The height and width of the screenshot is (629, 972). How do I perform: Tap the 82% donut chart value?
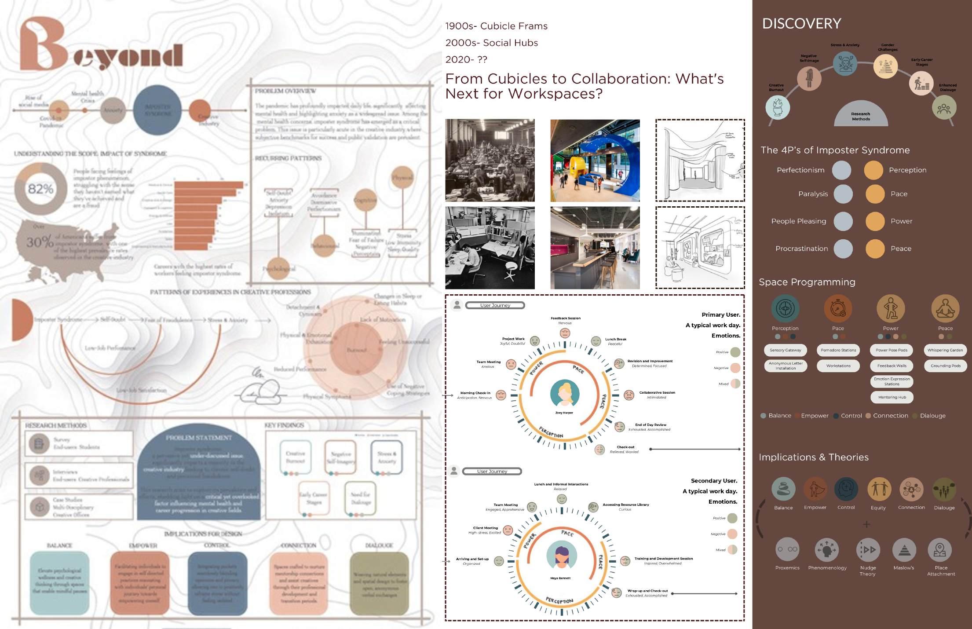coord(40,189)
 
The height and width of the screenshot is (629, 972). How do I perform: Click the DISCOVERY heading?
coord(801,23)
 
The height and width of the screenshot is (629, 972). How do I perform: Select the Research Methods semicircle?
coord(861,114)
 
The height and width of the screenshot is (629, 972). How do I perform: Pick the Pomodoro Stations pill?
coord(838,350)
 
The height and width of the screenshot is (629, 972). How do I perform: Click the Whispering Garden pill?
coord(945,350)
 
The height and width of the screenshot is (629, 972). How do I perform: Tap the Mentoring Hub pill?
coord(892,397)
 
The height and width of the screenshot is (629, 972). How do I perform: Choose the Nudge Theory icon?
coord(868,549)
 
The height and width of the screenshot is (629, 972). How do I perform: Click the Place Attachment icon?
coord(939,549)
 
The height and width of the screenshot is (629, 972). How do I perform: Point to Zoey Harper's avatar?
coord(564,394)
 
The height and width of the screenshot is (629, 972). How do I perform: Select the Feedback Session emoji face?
coord(565,333)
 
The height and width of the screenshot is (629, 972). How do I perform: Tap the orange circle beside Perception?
coord(873,170)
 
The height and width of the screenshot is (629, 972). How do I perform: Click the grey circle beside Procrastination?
coord(843,249)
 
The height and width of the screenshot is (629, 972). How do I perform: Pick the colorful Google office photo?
coord(595,161)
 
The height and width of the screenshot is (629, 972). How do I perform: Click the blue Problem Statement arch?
coord(199,475)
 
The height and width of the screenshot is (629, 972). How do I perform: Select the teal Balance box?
coord(59,583)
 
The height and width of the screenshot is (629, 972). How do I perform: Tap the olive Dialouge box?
coord(379,583)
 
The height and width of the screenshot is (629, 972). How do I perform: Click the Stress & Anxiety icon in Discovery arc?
coord(845,63)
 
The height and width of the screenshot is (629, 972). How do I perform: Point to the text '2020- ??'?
coord(466,59)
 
